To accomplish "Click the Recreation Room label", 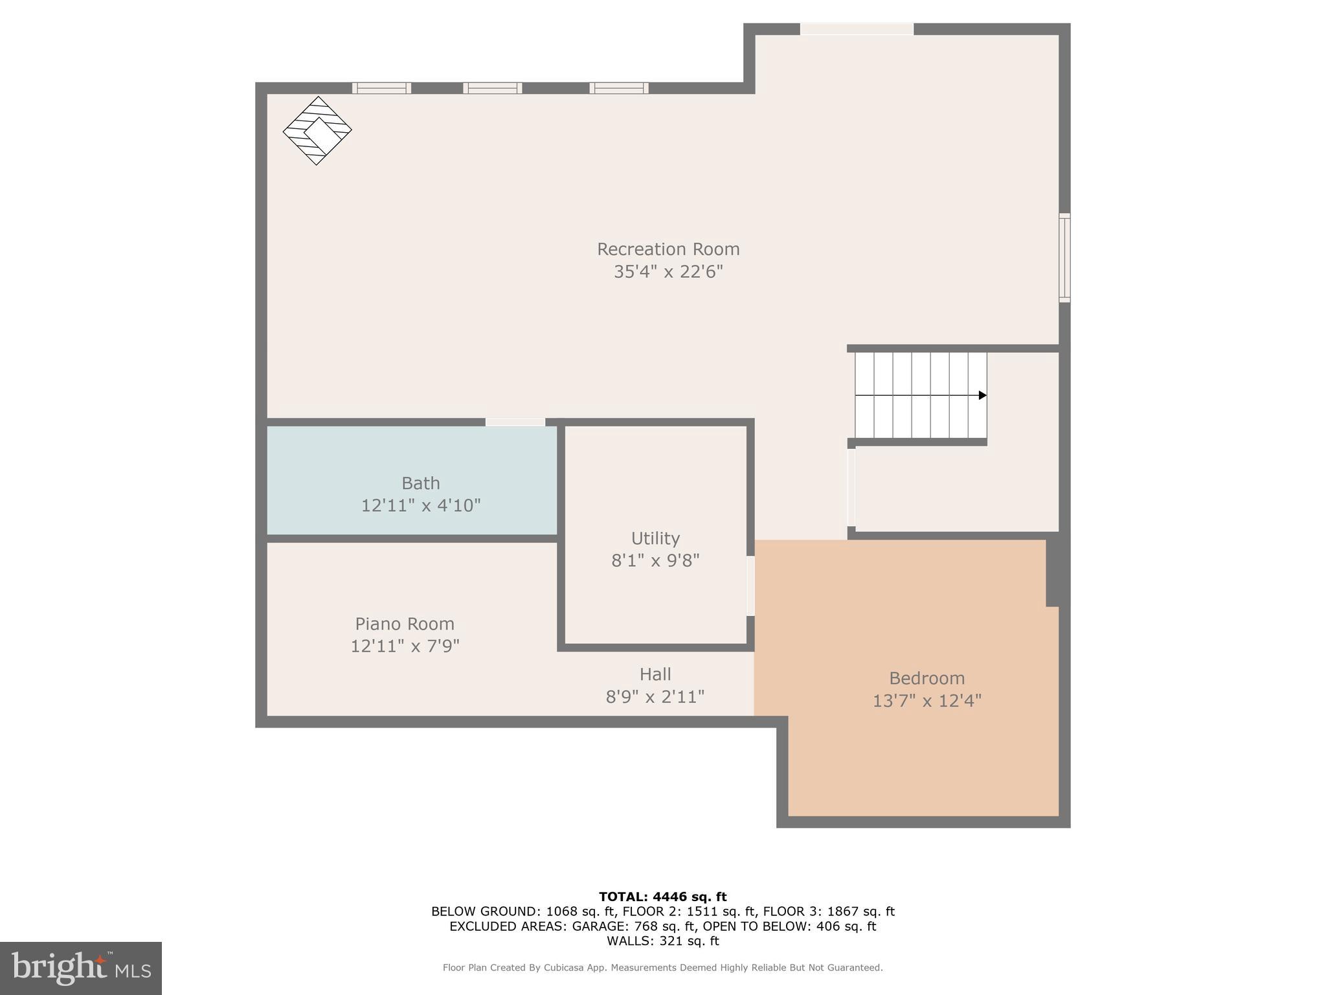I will coord(668,249).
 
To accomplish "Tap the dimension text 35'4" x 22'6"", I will coord(668,271).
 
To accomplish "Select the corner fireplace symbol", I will coord(317,130).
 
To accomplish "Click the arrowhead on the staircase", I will coord(982,395).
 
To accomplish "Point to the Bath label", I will coord(420,483).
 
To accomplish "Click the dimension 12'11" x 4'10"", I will coord(420,505).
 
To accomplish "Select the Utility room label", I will coord(655,538).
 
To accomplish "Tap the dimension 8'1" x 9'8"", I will coord(655,560).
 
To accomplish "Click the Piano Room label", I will coord(405,624).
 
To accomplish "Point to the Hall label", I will coord(655,674).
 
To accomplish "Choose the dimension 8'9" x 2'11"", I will coord(655,697).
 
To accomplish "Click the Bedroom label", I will coord(927,678).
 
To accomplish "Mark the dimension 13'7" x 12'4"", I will coord(927,701).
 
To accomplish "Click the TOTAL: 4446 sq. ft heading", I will coord(662,897).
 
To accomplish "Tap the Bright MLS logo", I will coord(80,968).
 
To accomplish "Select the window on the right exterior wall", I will coord(1064,258).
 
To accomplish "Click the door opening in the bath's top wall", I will coord(515,422).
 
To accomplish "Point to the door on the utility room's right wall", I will coord(750,586).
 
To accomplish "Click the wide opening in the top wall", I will coord(857,29).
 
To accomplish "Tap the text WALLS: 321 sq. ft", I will coord(662,941).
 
